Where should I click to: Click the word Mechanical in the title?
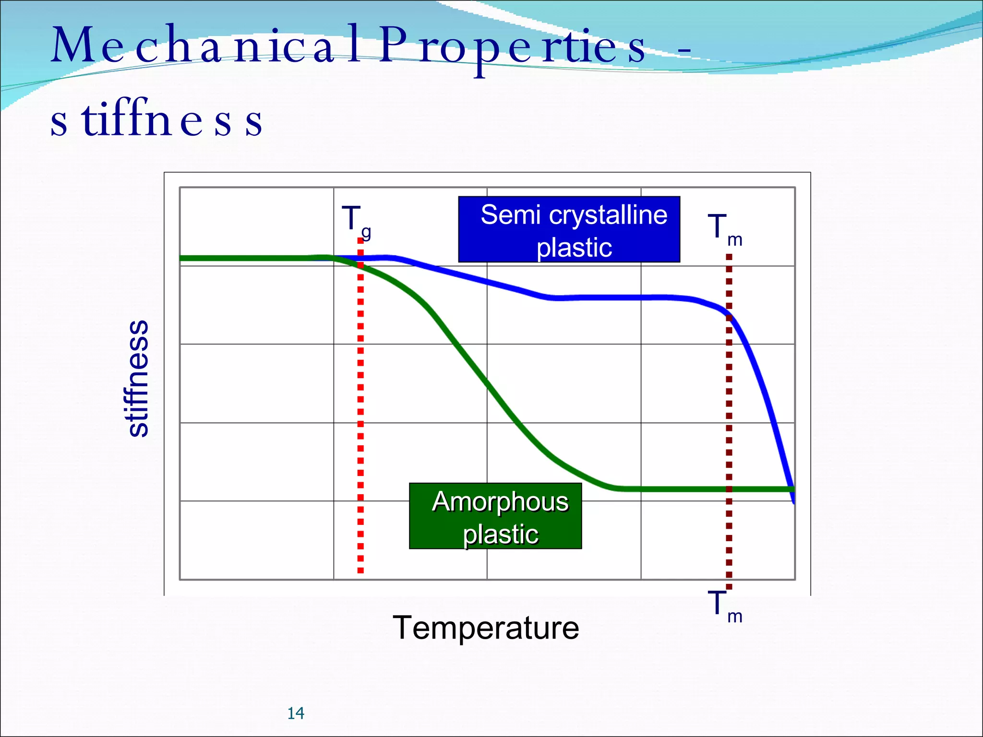point(192,46)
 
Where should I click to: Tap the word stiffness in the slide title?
point(156,120)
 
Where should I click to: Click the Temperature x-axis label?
point(486,628)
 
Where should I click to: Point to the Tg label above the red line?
point(356,221)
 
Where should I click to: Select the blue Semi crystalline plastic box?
point(569,229)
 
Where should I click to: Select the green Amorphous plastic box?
point(495,516)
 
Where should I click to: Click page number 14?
point(296,713)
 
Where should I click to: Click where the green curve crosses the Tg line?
point(360,265)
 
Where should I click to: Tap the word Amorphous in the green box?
point(500,502)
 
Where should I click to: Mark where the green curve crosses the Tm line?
point(729,489)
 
